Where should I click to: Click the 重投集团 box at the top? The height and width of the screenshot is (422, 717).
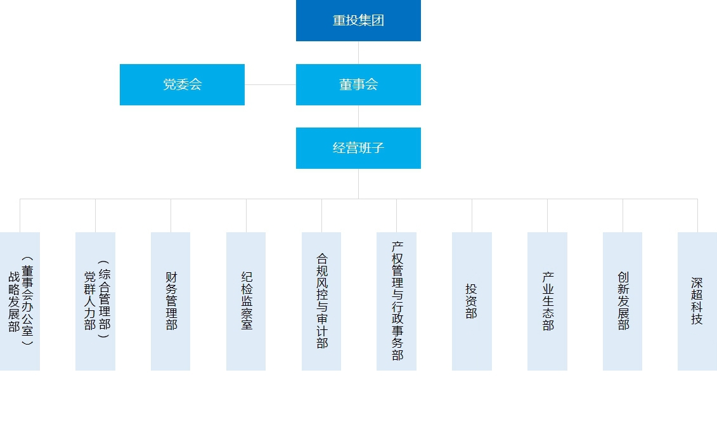tap(358, 20)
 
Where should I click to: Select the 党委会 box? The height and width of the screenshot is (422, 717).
tap(182, 84)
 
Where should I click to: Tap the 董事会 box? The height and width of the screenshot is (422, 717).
tap(358, 84)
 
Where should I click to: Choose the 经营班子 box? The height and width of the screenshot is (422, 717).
tap(358, 148)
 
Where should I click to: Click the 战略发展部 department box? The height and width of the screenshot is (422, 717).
tap(20, 301)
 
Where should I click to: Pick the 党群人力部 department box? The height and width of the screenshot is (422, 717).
tap(95, 301)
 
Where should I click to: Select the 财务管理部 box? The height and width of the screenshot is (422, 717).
tap(171, 301)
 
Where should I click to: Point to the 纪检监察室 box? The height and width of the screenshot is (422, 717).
tap(246, 301)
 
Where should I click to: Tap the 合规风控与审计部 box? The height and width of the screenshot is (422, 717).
tap(321, 301)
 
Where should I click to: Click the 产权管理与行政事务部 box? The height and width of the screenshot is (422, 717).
tap(396, 301)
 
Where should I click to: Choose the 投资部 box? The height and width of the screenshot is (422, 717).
tap(472, 301)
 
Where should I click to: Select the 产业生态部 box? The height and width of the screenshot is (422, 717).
tap(547, 301)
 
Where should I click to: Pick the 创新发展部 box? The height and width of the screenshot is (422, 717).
tap(623, 301)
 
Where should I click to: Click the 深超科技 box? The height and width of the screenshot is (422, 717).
tap(697, 301)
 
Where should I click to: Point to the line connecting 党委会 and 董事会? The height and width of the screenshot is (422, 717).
tap(270, 84)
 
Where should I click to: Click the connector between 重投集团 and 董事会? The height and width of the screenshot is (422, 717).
tap(359, 53)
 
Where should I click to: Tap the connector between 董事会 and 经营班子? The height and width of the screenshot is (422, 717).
tap(359, 116)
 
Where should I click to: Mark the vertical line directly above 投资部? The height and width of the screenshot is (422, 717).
tap(472, 216)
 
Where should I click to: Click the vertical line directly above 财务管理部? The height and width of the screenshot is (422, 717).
tap(171, 216)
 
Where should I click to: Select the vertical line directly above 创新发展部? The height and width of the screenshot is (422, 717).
tap(623, 216)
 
